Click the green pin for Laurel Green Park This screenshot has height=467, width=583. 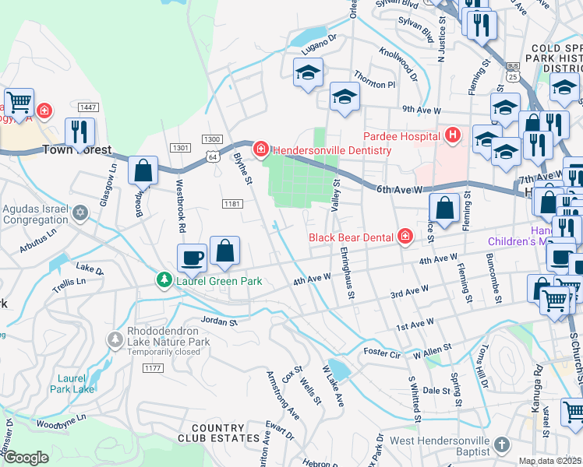coord(164,279)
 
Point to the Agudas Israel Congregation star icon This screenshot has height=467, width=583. coord(79,212)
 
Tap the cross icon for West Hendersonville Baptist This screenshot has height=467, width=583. coord(503,445)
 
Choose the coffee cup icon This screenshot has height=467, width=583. coord(192,256)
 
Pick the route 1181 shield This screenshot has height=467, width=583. coord(230,204)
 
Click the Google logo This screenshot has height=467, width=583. coord(26,458)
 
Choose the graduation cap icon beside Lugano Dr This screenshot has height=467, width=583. coord(308,72)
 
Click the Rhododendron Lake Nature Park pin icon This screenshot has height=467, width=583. coord(115,339)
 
